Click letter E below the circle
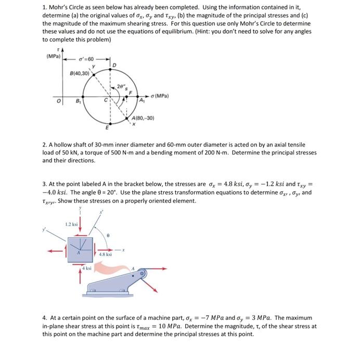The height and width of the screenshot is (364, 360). (107, 127)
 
